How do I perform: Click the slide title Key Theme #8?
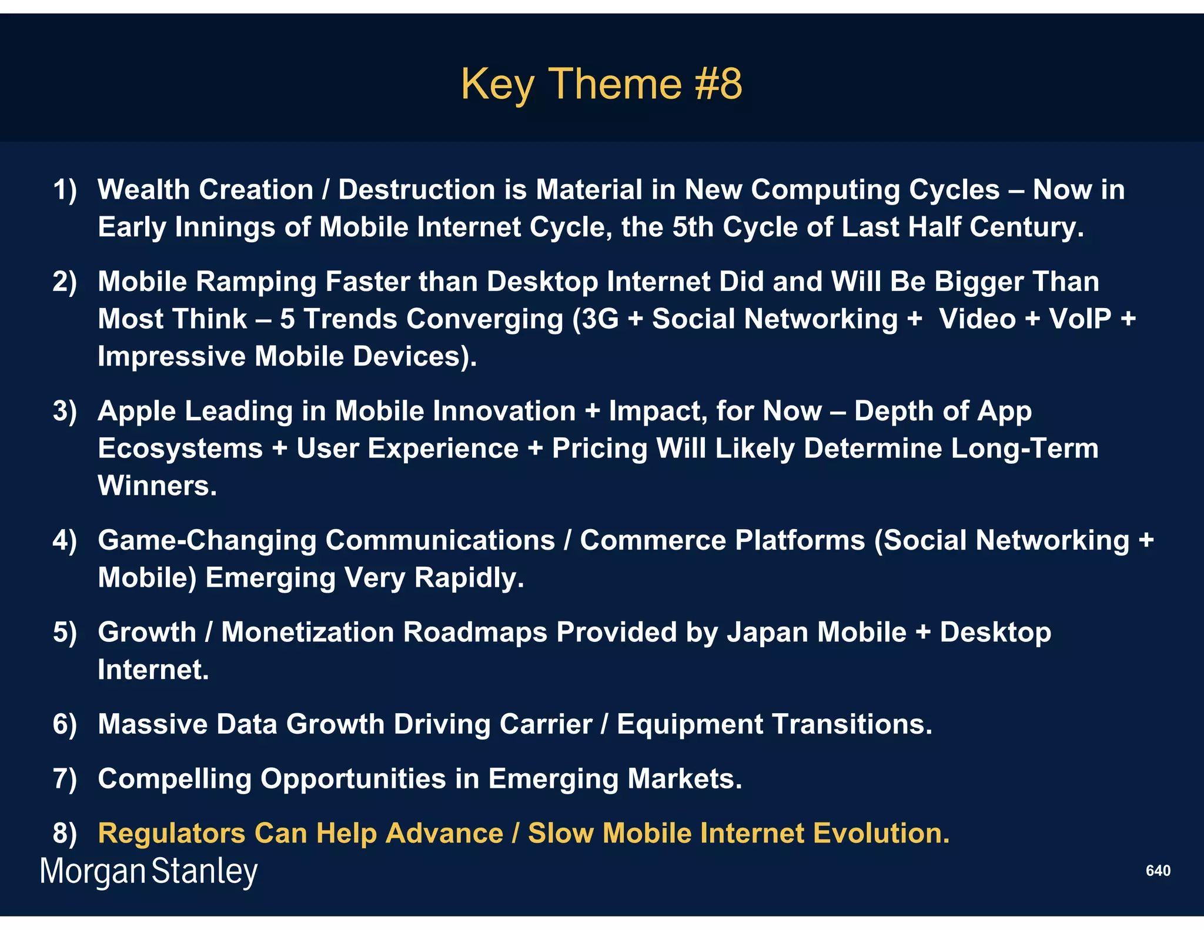point(601,84)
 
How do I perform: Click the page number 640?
point(1158,871)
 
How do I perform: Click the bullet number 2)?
point(65,282)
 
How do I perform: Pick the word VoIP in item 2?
point(1080,319)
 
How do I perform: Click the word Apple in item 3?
point(136,411)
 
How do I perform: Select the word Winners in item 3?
point(157,486)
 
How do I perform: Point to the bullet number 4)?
point(65,540)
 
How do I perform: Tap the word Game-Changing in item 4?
point(207,541)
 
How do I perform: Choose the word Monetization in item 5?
point(307,633)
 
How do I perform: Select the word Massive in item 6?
point(152,724)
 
